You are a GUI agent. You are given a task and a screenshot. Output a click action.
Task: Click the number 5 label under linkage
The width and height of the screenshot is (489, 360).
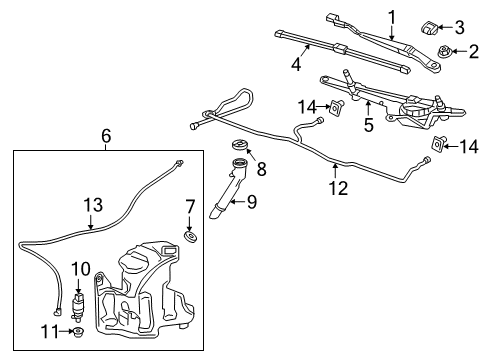coord(367,126)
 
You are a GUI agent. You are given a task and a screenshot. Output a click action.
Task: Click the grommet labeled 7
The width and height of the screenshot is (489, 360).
coord(190,237)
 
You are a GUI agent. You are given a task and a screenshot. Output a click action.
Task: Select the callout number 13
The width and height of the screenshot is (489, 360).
coord(92,205)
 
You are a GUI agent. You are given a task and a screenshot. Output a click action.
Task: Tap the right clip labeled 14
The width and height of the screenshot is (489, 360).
coord(437,146)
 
